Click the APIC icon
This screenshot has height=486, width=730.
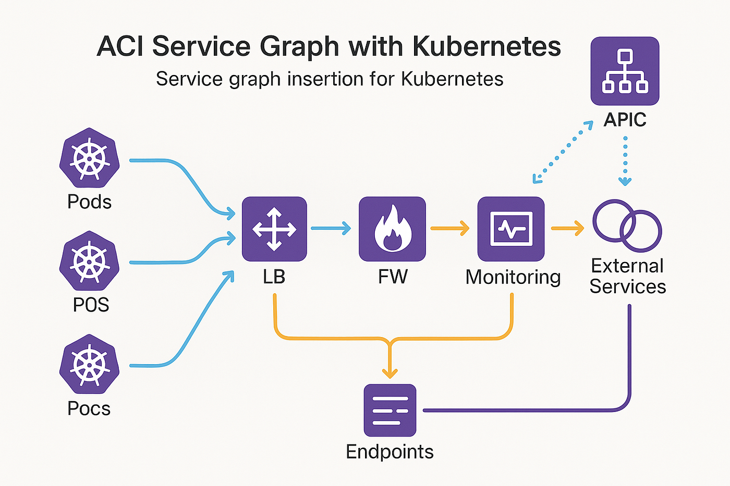tap(625, 71)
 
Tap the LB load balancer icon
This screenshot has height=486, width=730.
tap(274, 229)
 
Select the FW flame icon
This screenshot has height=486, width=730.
tap(392, 229)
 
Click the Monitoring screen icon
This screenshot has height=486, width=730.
tap(511, 229)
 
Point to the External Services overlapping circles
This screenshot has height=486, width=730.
tap(627, 226)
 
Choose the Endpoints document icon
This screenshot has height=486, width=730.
tap(390, 410)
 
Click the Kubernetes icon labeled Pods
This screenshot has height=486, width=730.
tap(89, 157)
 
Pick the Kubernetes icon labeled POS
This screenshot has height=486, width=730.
tap(89, 261)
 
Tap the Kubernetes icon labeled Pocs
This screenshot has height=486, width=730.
tap(89, 364)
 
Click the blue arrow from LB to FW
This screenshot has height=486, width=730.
tap(331, 228)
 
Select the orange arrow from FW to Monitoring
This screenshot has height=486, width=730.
tap(450, 228)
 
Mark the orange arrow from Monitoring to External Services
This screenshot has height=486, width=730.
tap(568, 228)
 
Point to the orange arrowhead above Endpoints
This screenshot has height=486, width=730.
tap(390, 373)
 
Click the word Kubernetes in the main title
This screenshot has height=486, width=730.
tap(486, 46)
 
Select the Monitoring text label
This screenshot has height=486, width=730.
tap(513, 277)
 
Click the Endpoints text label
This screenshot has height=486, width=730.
tap(390, 452)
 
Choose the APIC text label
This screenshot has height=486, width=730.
tap(625, 119)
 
